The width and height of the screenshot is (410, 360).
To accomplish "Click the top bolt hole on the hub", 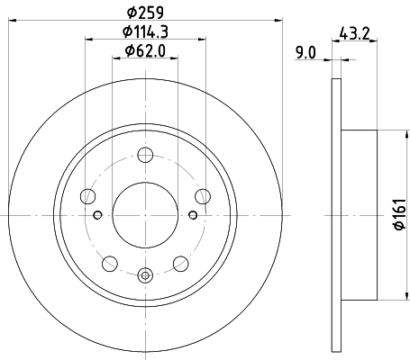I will [x=144, y=155].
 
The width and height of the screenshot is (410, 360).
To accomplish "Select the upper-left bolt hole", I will [x=88, y=195].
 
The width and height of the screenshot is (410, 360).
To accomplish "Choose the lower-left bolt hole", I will [x=110, y=263].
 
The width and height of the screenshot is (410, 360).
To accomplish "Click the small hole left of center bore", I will [x=97, y=214].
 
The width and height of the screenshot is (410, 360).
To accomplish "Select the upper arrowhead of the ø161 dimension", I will [x=377, y=135].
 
